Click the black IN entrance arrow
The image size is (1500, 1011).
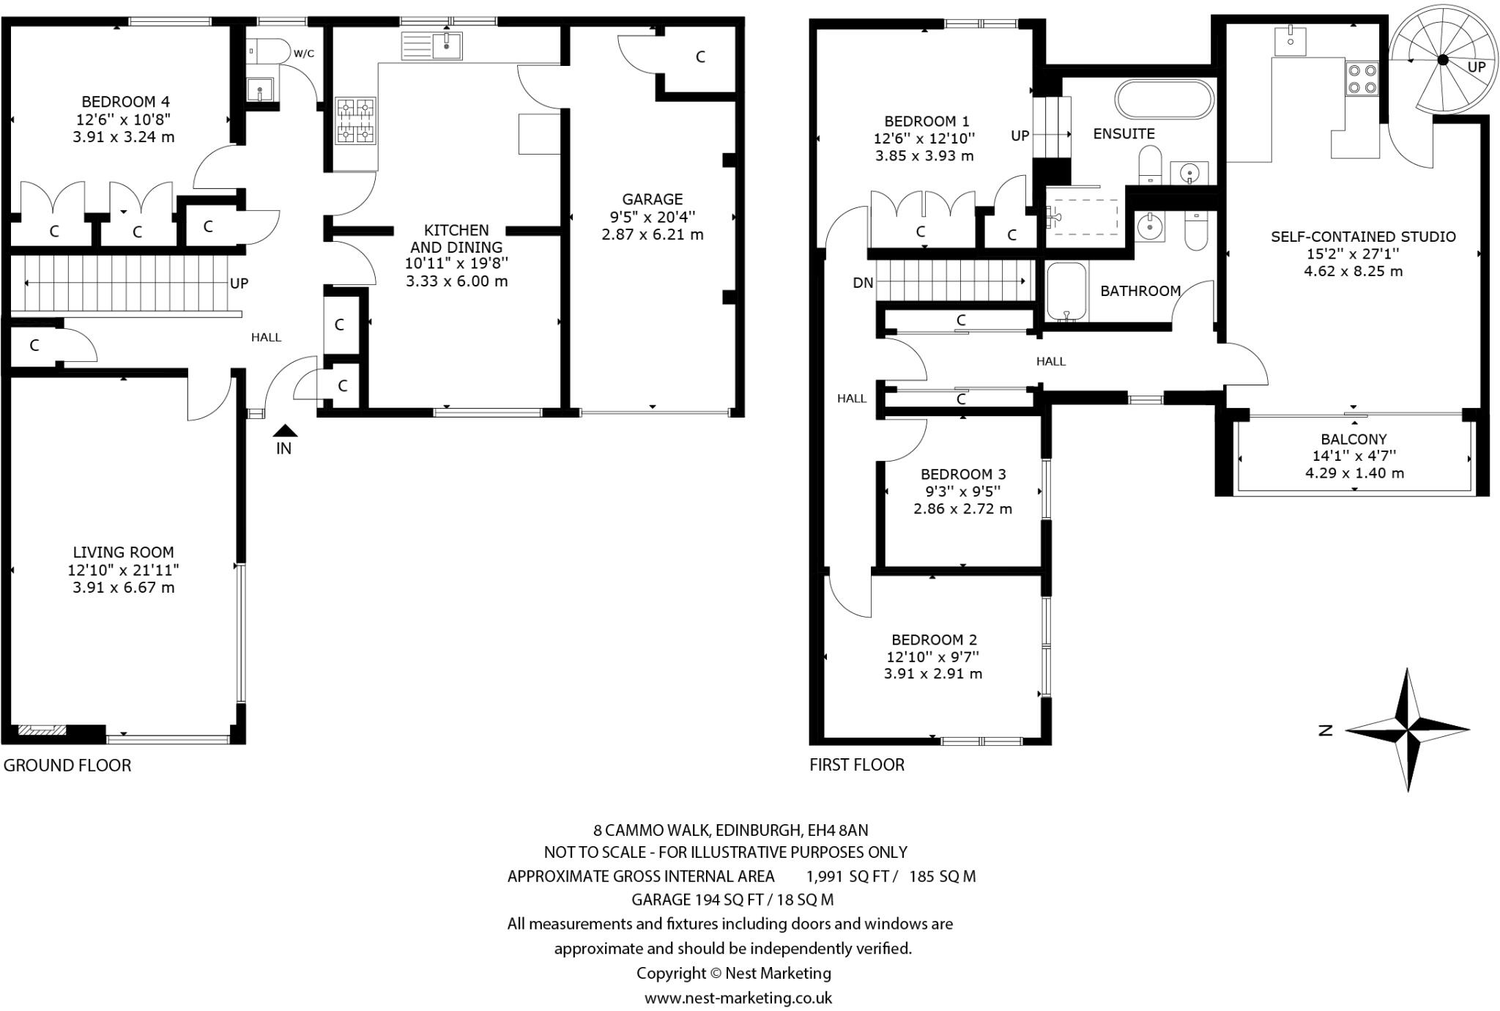point(285,431)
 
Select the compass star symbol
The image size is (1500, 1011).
point(1407,730)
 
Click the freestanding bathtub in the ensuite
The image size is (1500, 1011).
point(1164,100)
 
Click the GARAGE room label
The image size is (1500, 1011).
point(652,199)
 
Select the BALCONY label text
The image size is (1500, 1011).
point(1354,439)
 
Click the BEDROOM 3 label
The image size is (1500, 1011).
point(962,474)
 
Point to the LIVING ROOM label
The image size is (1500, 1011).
point(123,552)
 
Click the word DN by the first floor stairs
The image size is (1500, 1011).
point(863,283)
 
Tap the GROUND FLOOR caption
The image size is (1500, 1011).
point(67,766)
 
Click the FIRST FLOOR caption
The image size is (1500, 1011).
point(856,765)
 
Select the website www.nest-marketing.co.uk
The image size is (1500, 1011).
point(738,998)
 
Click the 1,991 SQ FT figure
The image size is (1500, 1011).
point(851,876)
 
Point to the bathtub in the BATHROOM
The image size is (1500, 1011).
point(1066,292)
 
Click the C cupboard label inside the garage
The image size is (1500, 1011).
point(700,57)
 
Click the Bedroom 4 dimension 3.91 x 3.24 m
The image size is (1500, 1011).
point(123,137)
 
